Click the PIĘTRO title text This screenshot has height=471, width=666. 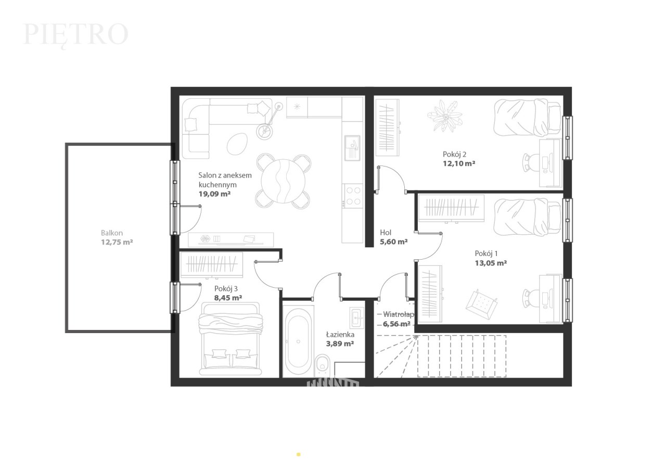pos(75,35)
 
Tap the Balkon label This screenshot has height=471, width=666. pos(112,233)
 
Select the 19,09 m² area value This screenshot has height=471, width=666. pos(215,194)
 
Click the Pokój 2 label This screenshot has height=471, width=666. pos(455,155)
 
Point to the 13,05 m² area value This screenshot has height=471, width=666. pos(491,263)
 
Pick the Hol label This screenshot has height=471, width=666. pos(386,233)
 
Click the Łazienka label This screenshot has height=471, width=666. pos(340,335)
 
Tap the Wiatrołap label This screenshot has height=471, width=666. pos(399,314)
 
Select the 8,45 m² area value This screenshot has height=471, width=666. pos(228,298)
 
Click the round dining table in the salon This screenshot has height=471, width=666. pos(283,181)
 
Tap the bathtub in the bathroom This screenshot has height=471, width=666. pos(298,341)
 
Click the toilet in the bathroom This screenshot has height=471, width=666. pos(322,366)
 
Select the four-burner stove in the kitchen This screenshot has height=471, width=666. pos(352,195)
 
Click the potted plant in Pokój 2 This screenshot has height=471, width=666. pos(445,116)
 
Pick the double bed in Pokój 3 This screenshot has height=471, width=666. pos(230,339)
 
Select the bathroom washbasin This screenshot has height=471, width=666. pos(357,318)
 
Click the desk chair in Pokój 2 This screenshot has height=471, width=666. pos(531,162)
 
